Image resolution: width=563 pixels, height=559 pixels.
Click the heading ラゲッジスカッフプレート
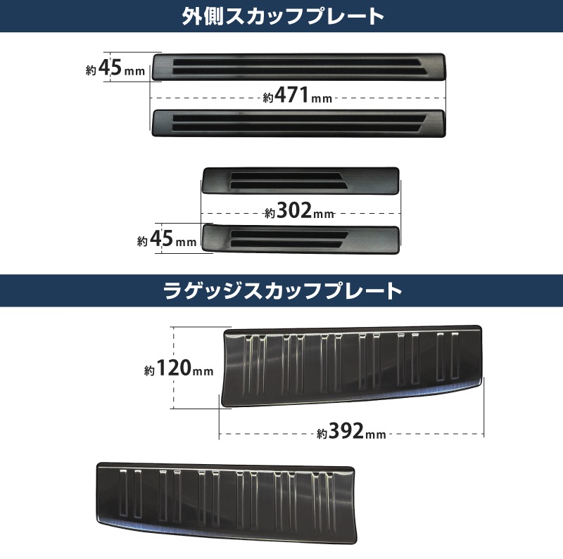tap(281, 290)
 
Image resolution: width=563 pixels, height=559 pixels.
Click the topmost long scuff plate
tap(299, 66)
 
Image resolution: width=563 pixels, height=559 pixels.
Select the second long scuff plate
tap(299, 122)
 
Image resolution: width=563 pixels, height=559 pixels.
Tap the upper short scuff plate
tap(301, 179)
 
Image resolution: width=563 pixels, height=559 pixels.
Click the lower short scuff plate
tap(301, 238)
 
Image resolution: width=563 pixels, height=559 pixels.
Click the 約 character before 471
tap(268, 99)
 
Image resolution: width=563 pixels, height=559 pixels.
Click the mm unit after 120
tap(204, 371)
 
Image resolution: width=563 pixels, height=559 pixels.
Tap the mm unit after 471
tap(322, 98)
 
